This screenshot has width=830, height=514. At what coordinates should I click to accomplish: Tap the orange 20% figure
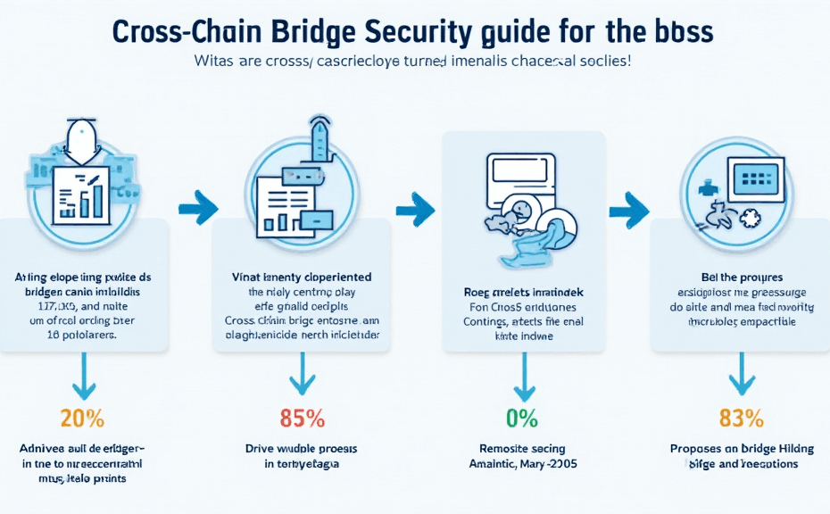click(82, 418)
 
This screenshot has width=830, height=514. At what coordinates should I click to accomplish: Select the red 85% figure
click(303, 418)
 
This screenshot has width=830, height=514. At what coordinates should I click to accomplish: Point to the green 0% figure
click(523, 418)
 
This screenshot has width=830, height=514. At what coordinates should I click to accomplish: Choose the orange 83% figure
click(741, 418)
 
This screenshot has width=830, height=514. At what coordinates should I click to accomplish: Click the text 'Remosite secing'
click(523, 449)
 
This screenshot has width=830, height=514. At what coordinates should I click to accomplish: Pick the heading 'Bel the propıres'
click(742, 278)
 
